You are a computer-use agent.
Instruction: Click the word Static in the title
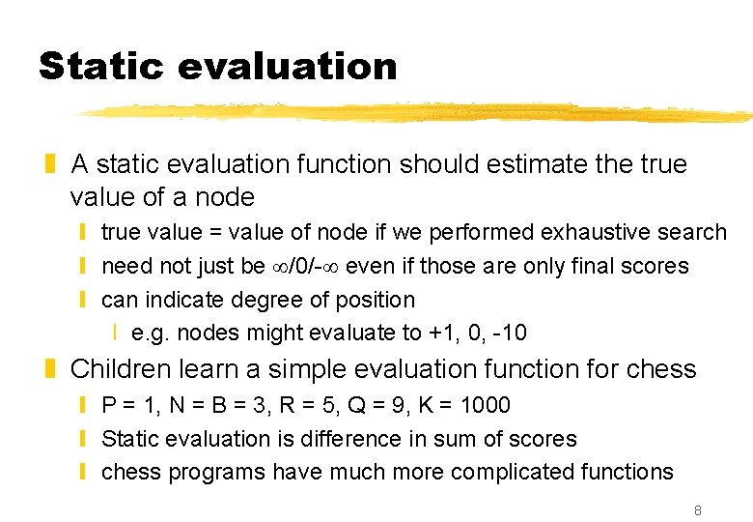(101, 67)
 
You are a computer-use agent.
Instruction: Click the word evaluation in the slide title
(288, 67)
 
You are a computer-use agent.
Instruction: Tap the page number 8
(697, 508)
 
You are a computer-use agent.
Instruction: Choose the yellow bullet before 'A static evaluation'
(54, 165)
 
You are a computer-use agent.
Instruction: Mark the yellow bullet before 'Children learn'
(54, 370)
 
